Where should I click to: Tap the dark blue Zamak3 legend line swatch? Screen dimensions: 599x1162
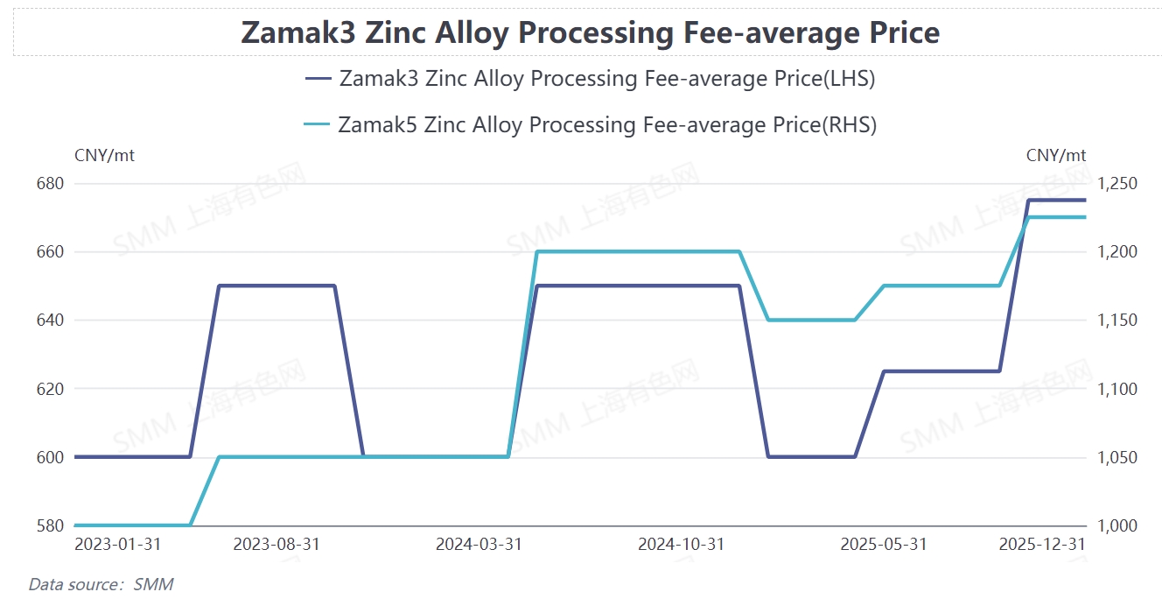318,79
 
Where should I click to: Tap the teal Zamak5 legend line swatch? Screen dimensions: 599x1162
317,125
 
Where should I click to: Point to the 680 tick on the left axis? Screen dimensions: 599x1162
51,184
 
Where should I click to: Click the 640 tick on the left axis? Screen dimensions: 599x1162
51,321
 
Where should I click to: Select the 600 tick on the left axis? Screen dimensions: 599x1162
51,457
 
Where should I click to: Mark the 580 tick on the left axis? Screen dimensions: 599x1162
51,525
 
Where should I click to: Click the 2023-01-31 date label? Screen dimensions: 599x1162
117,545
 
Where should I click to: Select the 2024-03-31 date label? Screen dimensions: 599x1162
479,545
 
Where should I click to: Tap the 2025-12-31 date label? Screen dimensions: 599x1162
1042,545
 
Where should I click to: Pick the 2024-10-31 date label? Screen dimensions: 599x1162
681,545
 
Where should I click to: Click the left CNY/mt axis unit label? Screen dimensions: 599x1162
105,156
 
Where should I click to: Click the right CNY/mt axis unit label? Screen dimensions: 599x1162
1056,156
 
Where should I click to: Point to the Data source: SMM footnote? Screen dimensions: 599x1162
101,584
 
